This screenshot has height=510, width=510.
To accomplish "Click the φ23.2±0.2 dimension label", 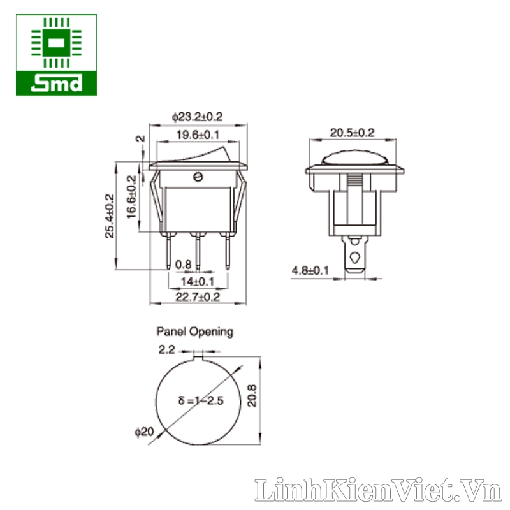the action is (198, 117).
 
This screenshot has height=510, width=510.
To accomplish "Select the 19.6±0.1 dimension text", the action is (198, 135).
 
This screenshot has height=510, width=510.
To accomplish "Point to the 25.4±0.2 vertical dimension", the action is (110, 216).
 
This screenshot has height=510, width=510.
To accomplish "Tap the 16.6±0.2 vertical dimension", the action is (131, 197).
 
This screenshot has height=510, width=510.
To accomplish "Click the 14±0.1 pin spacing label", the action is (198, 281).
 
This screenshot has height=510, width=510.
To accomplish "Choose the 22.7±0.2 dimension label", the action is (198, 296).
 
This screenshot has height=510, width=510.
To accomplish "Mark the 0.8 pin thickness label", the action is (184, 265).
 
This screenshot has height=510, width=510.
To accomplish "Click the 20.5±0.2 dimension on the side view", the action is (353, 133).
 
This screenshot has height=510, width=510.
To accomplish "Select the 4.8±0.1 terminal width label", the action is (310, 270).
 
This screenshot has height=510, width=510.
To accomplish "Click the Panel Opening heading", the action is (195, 331).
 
